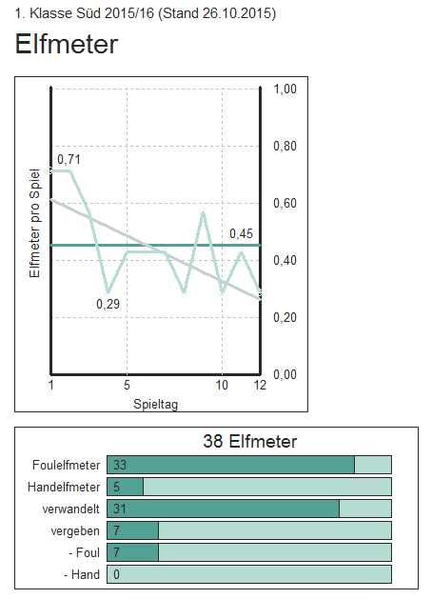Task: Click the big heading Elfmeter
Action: (x=67, y=44)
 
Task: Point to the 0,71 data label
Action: (x=69, y=159)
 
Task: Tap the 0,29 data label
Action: (x=108, y=304)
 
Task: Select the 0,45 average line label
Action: (x=241, y=233)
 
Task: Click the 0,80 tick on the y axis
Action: (x=285, y=146)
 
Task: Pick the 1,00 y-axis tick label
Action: (x=285, y=89)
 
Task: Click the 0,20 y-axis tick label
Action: (x=285, y=317)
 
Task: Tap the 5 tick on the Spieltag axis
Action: (x=128, y=385)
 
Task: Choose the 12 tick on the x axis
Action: (x=261, y=385)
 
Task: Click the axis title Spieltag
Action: (x=156, y=404)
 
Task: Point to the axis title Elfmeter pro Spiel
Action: (x=34, y=223)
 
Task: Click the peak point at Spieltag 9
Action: (x=203, y=211)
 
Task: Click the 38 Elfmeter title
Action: (x=250, y=441)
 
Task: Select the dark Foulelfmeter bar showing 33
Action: (x=231, y=465)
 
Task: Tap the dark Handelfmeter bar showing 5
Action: (x=126, y=487)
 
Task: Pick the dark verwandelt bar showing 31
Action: (x=224, y=509)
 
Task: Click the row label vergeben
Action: (x=75, y=531)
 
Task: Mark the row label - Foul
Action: (x=84, y=552)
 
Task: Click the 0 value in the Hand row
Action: (x=116, y=574)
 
